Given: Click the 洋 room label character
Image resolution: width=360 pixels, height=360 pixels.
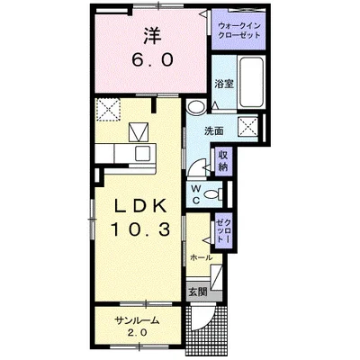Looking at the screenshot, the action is (x=152, y=36).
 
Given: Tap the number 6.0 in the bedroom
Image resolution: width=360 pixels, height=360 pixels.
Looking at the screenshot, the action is (x=152, y=60).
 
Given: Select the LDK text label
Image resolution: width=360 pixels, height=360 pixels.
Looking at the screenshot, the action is (x=141, y=206).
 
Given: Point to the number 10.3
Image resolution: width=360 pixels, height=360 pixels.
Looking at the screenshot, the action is (x=141, y=229).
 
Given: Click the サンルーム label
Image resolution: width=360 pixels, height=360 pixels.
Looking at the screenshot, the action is (x=137, y=321).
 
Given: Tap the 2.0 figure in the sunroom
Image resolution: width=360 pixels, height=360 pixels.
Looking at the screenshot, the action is (x=138, y=332).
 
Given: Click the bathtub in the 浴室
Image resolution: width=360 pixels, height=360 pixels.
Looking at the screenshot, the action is (x=252, y=82).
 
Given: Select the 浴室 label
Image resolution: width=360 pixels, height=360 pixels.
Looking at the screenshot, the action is (x=224, y=85).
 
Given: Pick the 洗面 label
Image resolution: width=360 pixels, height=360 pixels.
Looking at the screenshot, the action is (x=214, y=130).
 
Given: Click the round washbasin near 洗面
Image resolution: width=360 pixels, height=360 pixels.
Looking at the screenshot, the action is (x=195, y=106).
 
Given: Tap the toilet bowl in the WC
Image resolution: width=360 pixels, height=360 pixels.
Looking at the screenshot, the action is (x=212, y=194).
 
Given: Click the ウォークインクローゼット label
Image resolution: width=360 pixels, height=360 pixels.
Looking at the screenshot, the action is (x=239, y=31).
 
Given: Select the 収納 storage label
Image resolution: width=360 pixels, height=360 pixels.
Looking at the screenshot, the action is (x=223, y=161).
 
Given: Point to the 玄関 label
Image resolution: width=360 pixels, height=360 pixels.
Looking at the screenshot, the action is (x=198, y=292).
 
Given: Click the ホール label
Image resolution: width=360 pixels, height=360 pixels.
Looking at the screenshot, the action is (x=202, y=257).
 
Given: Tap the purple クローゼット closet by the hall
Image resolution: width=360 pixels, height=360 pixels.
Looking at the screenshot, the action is (x=224, y=231).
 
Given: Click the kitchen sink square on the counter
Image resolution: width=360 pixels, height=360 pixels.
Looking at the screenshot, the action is (x=142, y=154).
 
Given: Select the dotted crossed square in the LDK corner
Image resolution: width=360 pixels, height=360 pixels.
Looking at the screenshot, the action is (x=108, y=109).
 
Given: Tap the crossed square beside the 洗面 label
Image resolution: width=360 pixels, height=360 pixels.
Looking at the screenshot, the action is (x=248, y=127).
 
